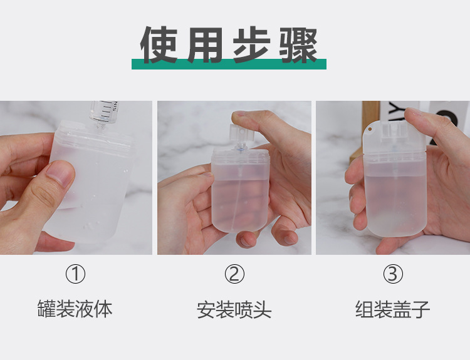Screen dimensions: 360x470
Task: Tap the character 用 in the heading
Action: point(206,44)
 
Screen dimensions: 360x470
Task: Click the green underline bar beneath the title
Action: point(229,64)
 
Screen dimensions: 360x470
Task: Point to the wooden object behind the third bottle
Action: point(370,111)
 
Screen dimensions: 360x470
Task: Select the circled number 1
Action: point(75,274)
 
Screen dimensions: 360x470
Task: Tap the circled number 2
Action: point(234,274)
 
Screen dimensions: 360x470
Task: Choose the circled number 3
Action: point(392,274)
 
